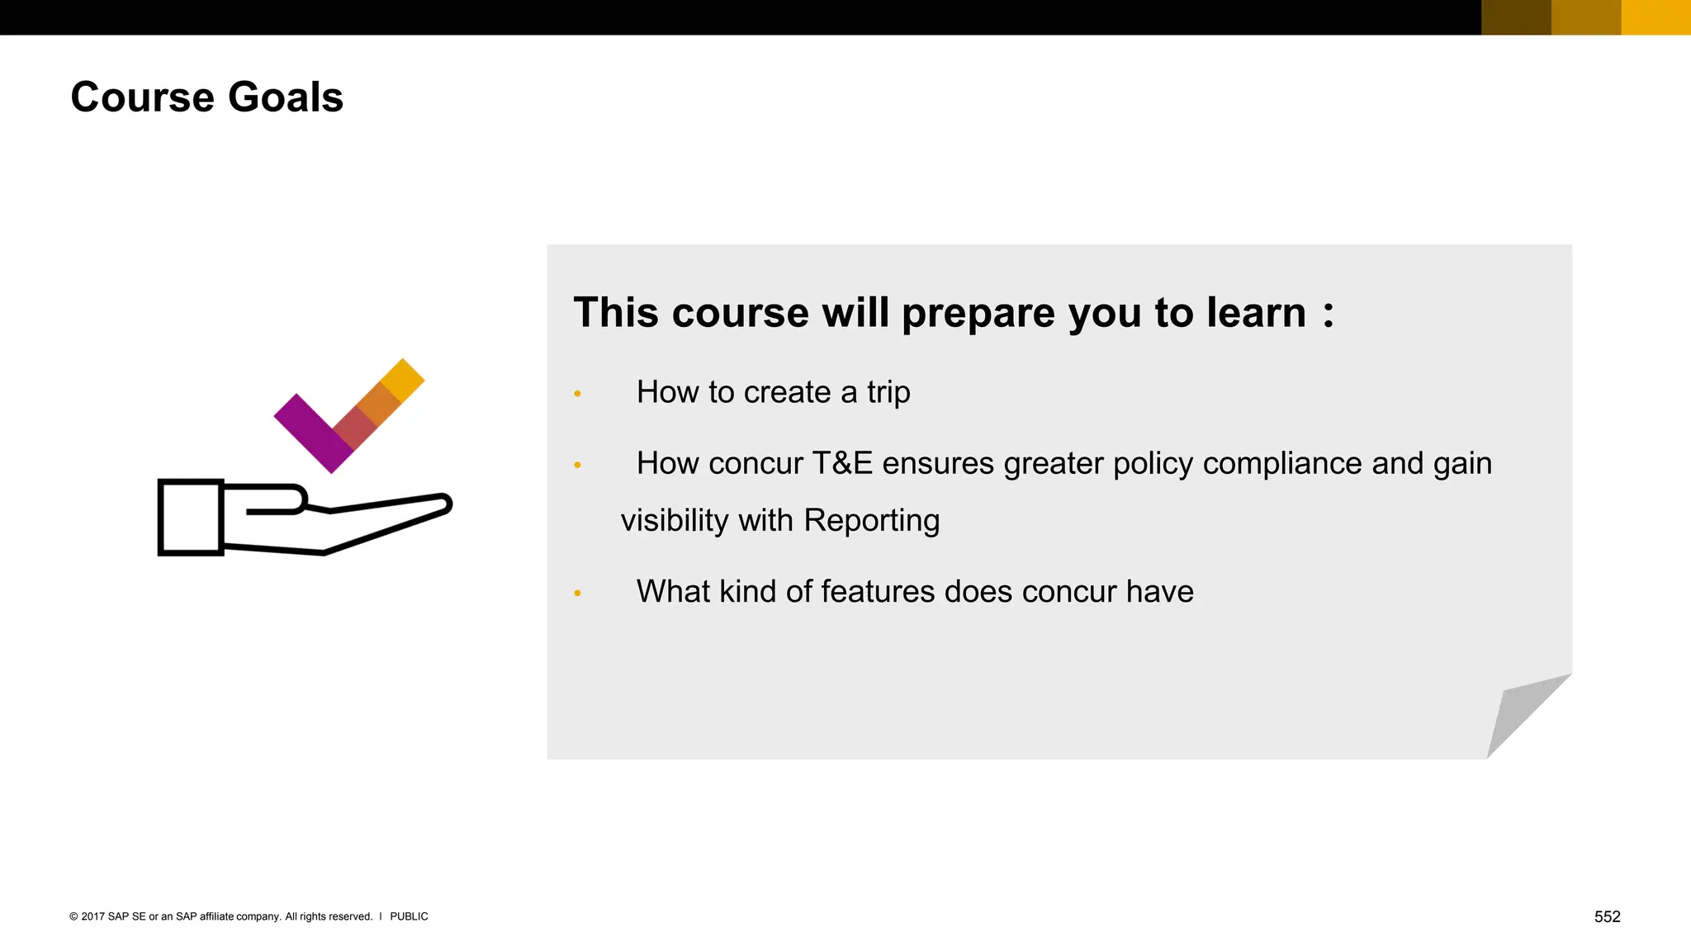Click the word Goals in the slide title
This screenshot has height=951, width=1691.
(285, 97)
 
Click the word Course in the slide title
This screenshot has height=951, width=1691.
(143, 97)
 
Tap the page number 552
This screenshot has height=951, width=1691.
(1607, 916)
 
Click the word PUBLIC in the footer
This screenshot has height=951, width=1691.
(409, 916)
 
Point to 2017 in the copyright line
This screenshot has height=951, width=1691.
(92, 916)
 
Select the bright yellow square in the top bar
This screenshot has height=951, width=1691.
(1655, 17)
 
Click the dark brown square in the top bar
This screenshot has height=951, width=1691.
(1516, 17)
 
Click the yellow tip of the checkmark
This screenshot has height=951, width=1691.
(403, 380)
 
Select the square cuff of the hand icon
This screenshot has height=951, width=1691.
(191, 518)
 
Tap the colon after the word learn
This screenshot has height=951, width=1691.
(1328, 314)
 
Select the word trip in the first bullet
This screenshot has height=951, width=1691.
(888, 392)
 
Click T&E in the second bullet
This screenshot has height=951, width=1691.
(842, 464)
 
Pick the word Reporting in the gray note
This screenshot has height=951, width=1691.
(871, 521)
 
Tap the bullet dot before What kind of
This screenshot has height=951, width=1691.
(577, 593)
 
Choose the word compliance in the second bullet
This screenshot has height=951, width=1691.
(1279, 464)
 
